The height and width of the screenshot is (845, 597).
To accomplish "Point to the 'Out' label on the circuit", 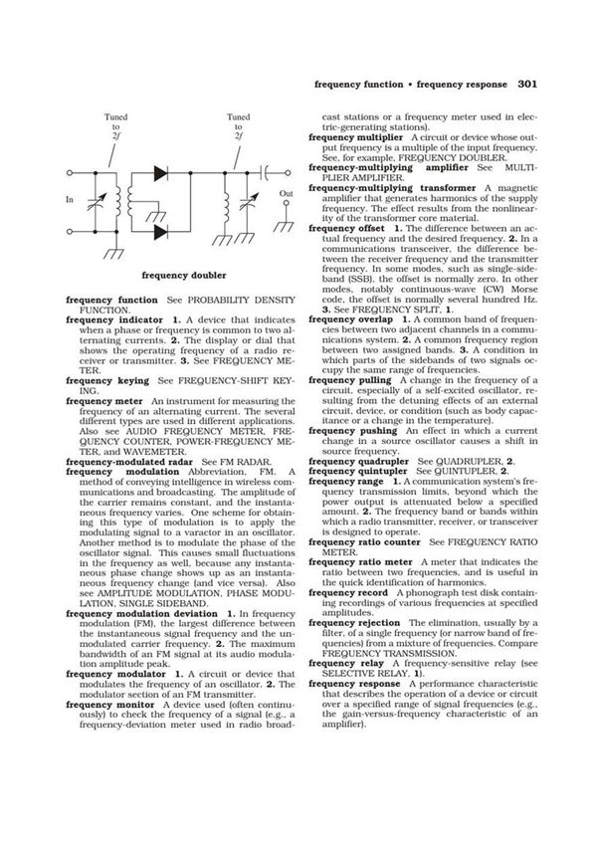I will coord(287,193).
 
